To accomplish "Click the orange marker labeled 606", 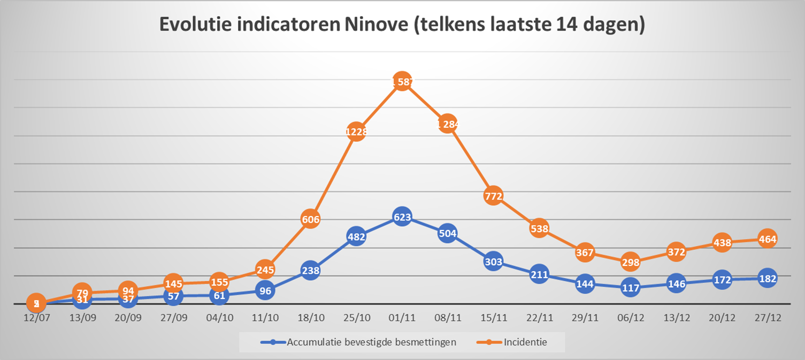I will click(310, 219).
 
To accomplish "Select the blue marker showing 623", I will click(402, 217).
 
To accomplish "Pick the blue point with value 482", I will click(356, 237).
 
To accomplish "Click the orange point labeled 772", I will click(493, 196).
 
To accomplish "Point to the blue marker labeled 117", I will click(631, 288).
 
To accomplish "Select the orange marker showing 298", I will click(631, 262).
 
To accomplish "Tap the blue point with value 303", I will click(493, 262).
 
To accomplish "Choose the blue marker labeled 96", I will click(265, 291).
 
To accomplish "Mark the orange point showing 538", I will click(539, 229).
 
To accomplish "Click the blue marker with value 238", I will click(310, 270).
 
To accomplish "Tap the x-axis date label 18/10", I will click(311, 317).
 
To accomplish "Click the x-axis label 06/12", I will click(631, 317).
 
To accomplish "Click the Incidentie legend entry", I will click(525, 342).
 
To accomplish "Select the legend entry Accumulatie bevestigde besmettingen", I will click(371, 342).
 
